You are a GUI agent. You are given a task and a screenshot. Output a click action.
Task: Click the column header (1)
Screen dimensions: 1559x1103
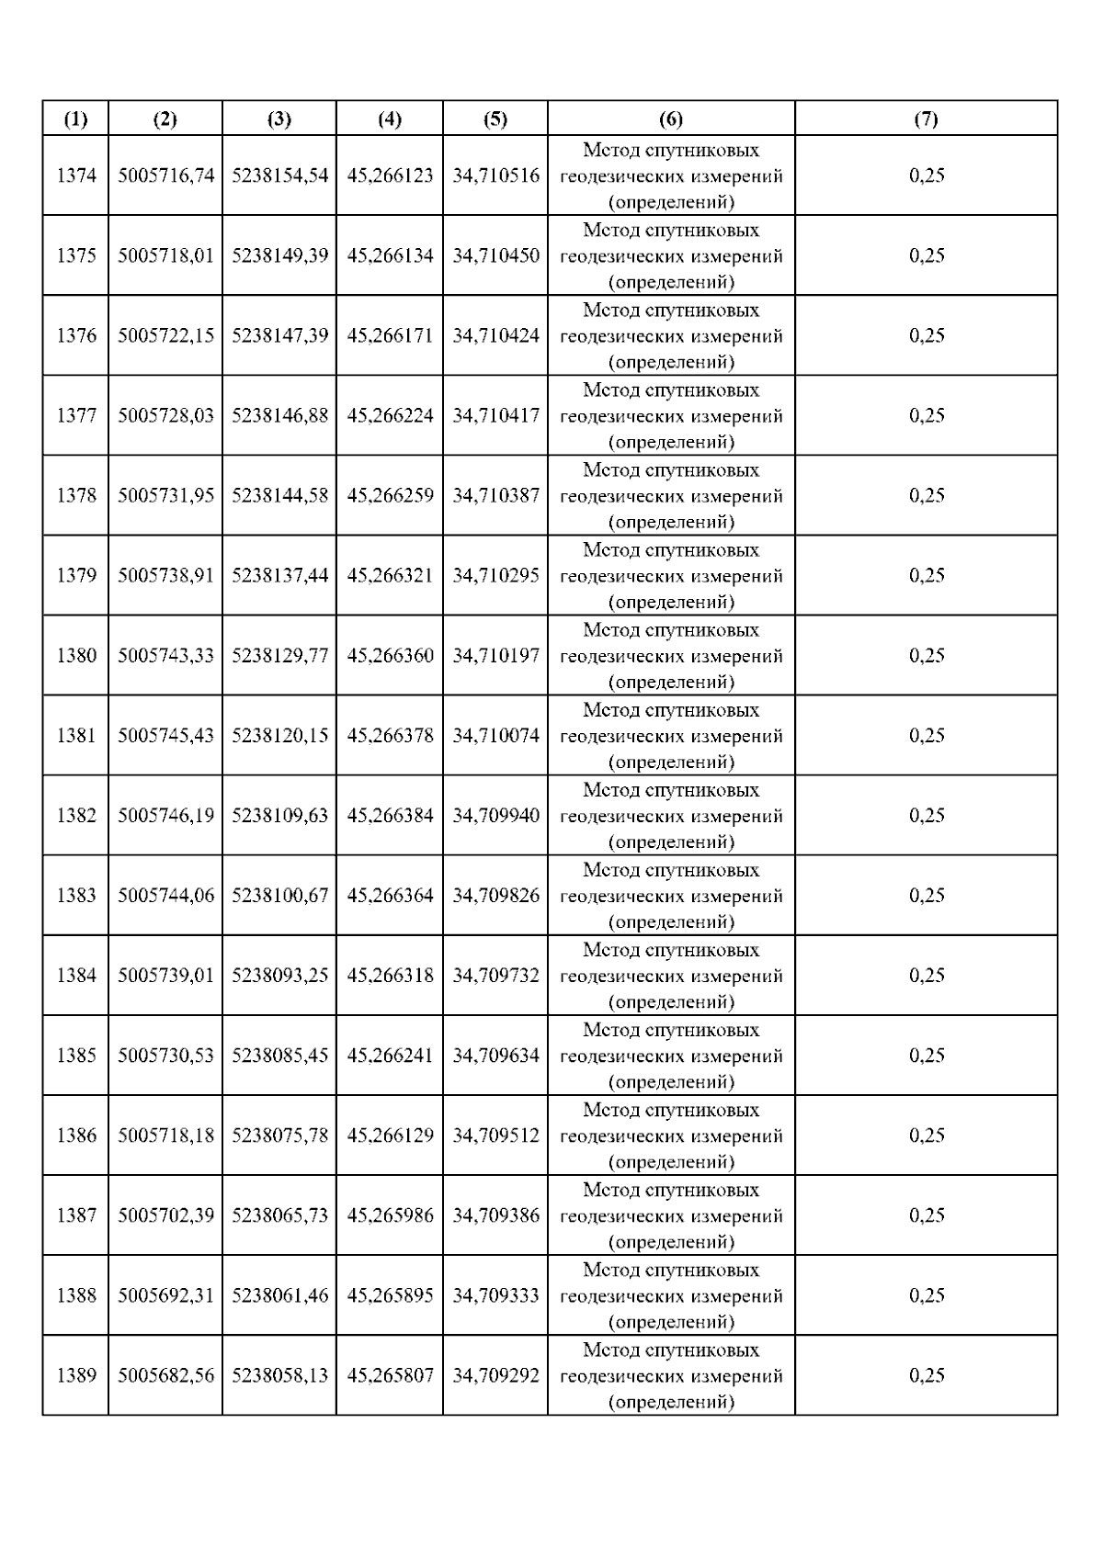coord(75,119)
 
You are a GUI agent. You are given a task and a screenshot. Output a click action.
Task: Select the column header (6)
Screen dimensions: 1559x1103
coord(671,119)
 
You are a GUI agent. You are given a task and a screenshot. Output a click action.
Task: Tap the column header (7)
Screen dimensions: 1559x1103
coord(926,119)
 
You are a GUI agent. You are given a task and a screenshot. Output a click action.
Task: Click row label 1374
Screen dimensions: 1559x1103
coord(76,175)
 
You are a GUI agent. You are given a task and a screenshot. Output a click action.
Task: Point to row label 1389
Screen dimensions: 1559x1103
coord(76,1375)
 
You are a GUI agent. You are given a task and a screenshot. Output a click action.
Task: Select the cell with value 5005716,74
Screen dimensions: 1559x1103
coord(165,175)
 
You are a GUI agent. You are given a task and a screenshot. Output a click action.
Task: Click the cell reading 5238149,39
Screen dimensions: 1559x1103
coord(279,255)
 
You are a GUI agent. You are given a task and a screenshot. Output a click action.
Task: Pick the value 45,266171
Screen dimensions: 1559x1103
coord(390,335)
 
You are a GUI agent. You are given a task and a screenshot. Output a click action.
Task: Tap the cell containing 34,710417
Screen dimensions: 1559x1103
coord(495,415)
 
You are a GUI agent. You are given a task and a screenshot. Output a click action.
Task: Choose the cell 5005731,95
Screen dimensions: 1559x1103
coord(165,495)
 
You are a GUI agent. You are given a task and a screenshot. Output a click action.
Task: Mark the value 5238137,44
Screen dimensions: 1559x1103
coord(279,575)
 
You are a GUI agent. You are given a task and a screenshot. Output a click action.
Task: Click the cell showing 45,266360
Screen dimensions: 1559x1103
coord(390,655)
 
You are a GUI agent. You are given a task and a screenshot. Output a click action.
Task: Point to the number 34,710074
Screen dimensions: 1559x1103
coord(495,735)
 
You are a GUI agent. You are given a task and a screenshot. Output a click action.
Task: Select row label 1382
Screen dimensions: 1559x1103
coord(76,815)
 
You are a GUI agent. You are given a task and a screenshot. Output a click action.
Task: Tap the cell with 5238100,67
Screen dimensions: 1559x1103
coord(279,895)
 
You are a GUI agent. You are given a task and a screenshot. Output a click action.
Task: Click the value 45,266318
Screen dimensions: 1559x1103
coord(390,975)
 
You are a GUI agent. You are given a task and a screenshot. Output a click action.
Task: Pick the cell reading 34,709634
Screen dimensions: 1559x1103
coord(495,1055)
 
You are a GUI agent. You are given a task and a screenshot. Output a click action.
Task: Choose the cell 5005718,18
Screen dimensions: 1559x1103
coord(165,1135)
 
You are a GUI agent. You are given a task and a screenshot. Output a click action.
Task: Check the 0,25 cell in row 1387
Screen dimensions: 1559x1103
coord(927,1215)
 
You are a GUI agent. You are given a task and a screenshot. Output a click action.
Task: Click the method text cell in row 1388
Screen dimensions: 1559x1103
coord(671,1295)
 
